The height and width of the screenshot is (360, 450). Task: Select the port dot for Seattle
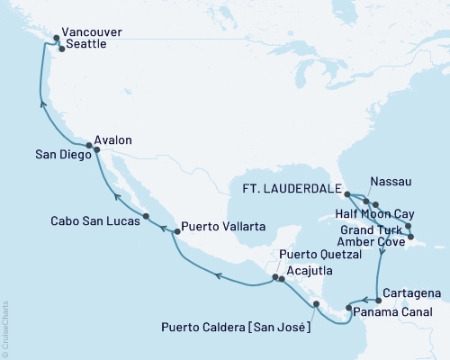pyautogui.click(x=60, y=49)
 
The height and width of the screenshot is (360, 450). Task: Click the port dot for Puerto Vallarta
pyautogui.click(x=175, y=231)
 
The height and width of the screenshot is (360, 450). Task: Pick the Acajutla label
pyautogui.click(x=310, y=269)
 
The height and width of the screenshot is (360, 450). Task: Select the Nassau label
pyautogui.click(x=391, y=182)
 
